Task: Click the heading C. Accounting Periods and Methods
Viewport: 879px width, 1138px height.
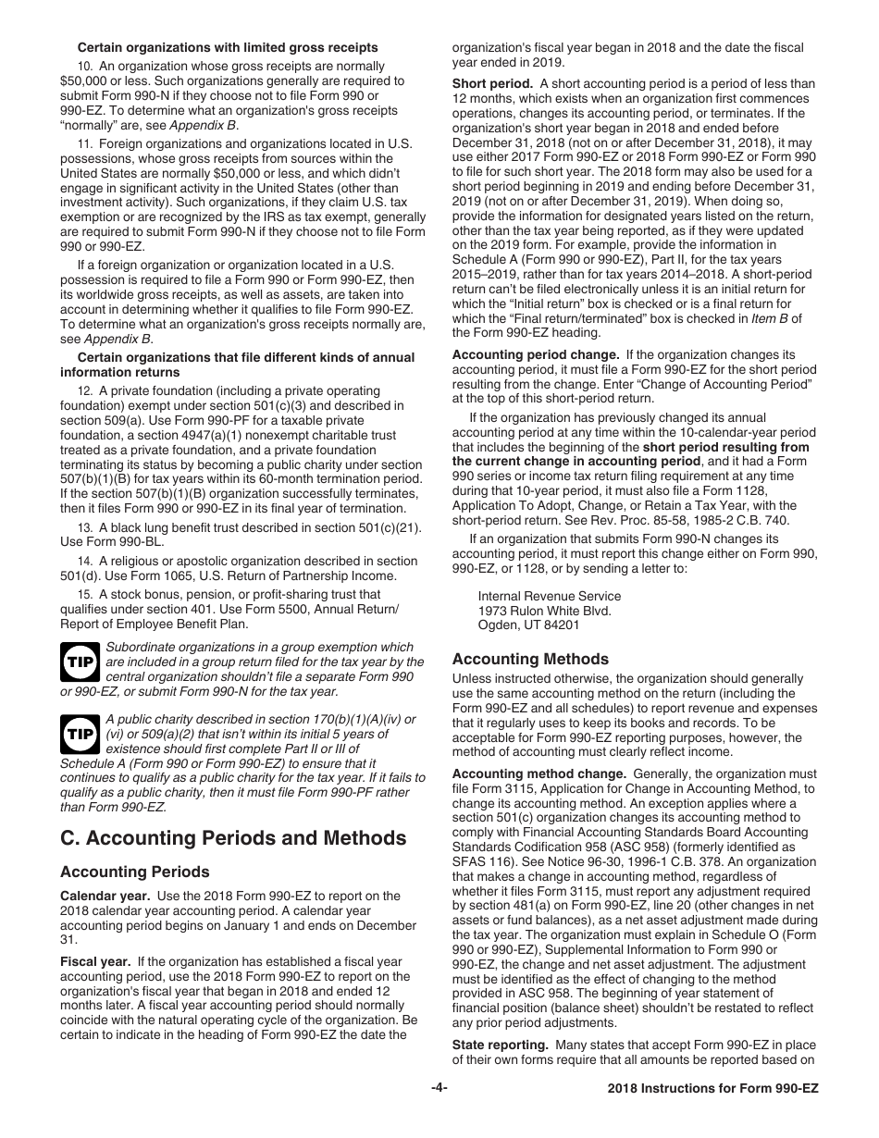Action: [x=233, y=838]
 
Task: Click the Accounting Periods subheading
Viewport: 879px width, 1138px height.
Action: [x=134, y=872]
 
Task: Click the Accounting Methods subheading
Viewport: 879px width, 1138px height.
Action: [x=530, y=659]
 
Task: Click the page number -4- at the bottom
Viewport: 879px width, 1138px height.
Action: [x=439, y=1088]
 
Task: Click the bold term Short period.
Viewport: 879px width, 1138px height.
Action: [x=492, y=83]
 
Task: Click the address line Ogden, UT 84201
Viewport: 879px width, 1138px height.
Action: [x=528, y=625]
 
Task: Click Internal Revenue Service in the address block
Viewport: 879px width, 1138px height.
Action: [x=549, y=597]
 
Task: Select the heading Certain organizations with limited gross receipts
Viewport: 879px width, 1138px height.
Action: [x=227, y=47]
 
